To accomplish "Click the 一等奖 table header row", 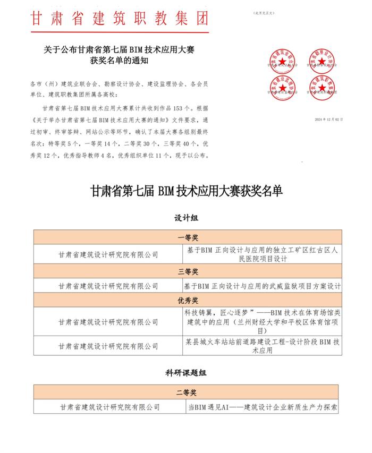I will click(x=188, y=237).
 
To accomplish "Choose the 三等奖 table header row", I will click(x=188, y=271).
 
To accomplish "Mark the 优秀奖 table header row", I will click(x=188, y=300).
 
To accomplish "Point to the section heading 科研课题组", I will click(x=186, y=373).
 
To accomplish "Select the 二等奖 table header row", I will click(x=188, y=393).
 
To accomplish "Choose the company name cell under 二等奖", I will click(x=109, y=407).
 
